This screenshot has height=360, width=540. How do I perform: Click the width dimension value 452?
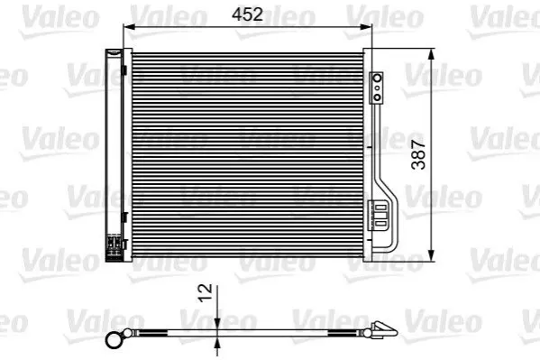pos(247,14)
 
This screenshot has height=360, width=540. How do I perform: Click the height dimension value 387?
pos(418,154)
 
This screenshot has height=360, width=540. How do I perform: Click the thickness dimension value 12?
pos(206,292)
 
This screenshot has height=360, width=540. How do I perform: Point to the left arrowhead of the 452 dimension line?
pos(129,27)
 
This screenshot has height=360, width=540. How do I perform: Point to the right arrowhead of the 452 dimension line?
pos(366,27)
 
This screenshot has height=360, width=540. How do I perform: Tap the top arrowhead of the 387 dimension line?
pos(431,54)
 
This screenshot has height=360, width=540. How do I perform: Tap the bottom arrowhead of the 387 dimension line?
pos(431,254)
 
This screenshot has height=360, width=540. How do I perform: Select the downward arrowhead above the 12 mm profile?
pos(217,323)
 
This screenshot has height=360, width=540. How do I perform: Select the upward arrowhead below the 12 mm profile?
pos(217,343)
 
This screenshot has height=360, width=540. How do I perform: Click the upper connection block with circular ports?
pos(377,88)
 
